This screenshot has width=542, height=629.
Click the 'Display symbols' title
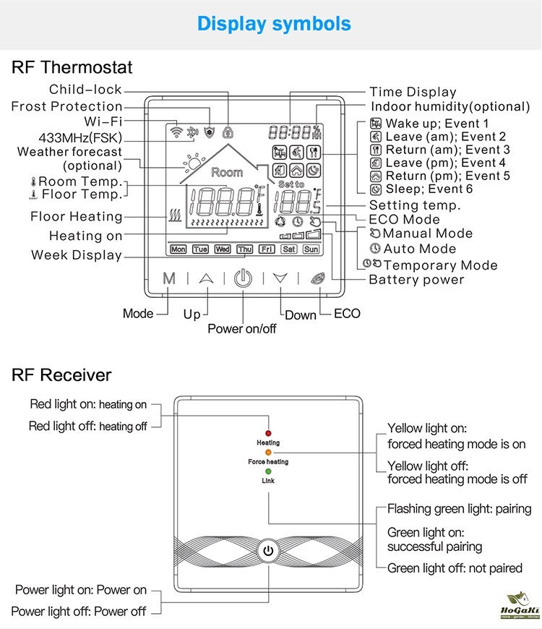274,24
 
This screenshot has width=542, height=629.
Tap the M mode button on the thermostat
169,278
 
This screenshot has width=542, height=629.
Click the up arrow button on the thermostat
207,278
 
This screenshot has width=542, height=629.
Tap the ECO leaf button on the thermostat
317,278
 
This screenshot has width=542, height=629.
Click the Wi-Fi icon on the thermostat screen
175,132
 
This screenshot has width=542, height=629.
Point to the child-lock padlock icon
228,132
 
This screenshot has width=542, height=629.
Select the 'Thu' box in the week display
245,249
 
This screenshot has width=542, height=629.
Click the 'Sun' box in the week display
311,249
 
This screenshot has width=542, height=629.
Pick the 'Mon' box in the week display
178,249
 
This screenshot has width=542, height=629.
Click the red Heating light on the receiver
268,432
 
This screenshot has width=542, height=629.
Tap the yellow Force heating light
268,452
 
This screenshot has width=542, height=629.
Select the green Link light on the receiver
268,471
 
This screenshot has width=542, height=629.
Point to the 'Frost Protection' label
66,107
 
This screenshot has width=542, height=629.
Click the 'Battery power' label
416,280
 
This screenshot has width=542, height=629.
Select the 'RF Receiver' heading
61,375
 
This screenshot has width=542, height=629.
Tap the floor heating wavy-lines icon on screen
173,215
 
